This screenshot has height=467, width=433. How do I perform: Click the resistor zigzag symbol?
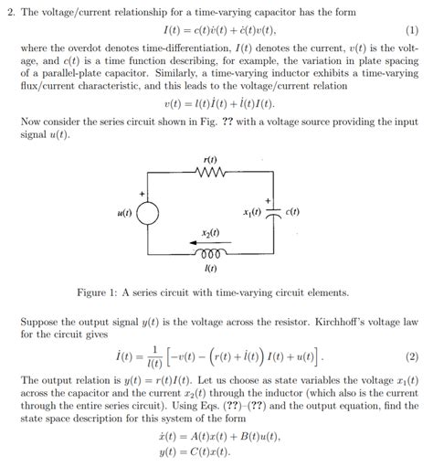click(x=212, y=172)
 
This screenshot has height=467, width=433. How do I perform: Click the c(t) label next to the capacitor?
click(x=292, y=214)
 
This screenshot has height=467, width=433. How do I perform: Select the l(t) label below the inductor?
click(x=212, y=269)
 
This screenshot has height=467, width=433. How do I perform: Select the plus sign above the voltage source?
click(x=143, y=194)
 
